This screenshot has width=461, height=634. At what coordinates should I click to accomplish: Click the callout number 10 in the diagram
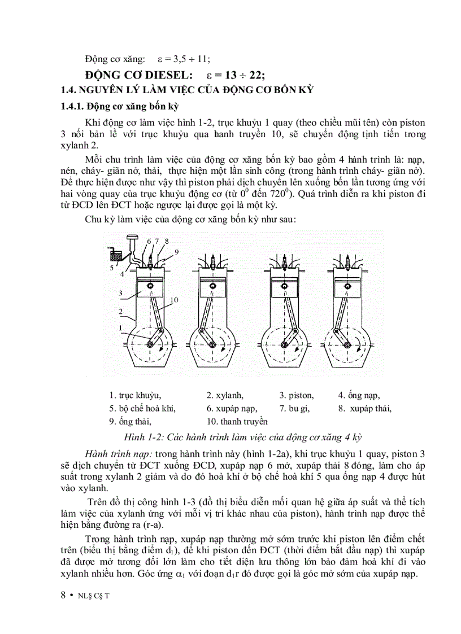pos(174,300)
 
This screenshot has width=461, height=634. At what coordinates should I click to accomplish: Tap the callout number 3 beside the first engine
pos(120,293)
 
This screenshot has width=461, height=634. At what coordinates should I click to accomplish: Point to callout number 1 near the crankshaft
pos(120,327)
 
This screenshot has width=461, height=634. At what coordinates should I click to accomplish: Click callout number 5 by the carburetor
pos(111,268)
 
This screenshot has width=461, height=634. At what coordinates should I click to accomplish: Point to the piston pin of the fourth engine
pos(345,287)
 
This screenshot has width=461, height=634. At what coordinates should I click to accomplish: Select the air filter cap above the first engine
pos(133,238)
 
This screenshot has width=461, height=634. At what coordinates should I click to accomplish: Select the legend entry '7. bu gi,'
pos(294,408)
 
